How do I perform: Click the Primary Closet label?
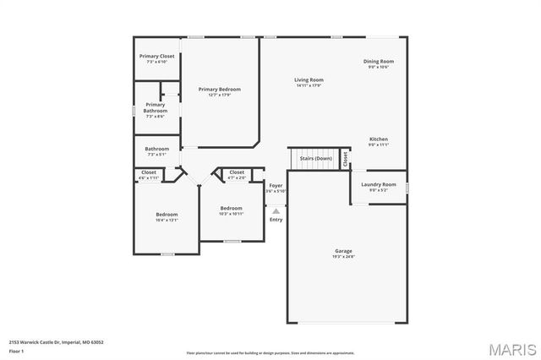tap(157, 56)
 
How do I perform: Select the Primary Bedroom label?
tap(220, 90)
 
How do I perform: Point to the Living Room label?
tap(309, 80)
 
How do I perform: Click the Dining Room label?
tap(379, 62)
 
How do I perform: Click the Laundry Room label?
tap(378, 184)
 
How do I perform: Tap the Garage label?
tap(343, 251)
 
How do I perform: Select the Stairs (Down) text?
tap(316, 158)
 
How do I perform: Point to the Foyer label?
tap(276, 185)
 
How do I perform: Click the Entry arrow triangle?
tap(276, 211)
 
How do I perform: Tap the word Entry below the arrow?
tap(276, 220)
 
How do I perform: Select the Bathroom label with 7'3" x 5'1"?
tap(157, 149)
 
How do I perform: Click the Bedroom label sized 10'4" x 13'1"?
tap(167, 215)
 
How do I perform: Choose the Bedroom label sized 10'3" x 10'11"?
tap(231, 208)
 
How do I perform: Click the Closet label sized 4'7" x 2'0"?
tap(237, 172)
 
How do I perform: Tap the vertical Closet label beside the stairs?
tap(345, 160)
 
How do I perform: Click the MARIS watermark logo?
tap(505, 347)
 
